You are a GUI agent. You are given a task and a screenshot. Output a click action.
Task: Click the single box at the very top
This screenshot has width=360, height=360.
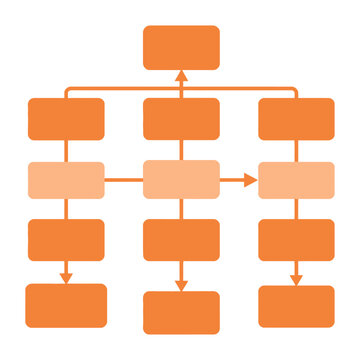pyautogui.click(x=181, y=47)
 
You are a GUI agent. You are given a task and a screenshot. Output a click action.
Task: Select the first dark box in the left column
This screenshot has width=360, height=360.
pyautogui.click(x=66, y=118)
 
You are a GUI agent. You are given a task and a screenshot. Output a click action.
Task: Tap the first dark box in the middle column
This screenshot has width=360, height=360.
pyautogui.click(x=181, y=118)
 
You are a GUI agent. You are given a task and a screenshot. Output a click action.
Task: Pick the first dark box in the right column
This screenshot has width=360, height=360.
pyautogui.click(x=296, y=118)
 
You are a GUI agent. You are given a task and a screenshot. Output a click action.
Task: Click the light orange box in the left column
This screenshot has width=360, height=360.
pyautogui.click(x=66, y=180)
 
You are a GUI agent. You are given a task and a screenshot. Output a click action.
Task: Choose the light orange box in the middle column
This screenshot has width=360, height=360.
pyautogui.click(x=181, y=179)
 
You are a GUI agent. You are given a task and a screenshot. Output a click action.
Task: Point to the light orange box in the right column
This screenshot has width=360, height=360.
pyautogui.click(x=296, y=180)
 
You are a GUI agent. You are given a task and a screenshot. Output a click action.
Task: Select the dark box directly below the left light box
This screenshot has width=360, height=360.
pyautogui.click(x=66, y=239)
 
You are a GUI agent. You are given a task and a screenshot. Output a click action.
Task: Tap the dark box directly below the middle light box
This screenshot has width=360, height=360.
pyautogui.click(x=181, y=239)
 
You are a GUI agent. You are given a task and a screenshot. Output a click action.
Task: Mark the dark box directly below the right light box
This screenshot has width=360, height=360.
pyautogui.click(x=296, y=239)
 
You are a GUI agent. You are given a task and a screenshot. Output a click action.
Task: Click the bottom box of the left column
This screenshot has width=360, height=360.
pyautogui.click(x=66, y=305)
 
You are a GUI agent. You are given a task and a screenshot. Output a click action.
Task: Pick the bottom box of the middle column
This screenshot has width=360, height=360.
pyautogui.click(x=181, y=312)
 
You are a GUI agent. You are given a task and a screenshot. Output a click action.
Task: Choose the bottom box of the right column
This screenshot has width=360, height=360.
pyautogui.click(x=296, y=306)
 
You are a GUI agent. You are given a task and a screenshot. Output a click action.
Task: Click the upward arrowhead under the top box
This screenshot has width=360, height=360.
pyautogui.click(x=181, y=76)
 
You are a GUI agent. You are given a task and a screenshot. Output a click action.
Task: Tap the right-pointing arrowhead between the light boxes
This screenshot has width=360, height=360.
pyautogui.click(x=251, y=180)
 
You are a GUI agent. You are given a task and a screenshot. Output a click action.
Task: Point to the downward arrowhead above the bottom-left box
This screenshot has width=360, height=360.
pyautogui.click(x=66, y=277)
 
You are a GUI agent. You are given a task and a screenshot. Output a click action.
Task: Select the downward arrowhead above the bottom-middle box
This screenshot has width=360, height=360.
pyautogui.click(x=181, y=285)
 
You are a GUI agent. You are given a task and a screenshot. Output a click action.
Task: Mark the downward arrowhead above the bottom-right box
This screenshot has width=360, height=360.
pyautogui.click(x=296, y=279)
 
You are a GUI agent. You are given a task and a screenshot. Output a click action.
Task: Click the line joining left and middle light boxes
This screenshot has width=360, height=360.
pyautogui.click(x=124, y=180)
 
